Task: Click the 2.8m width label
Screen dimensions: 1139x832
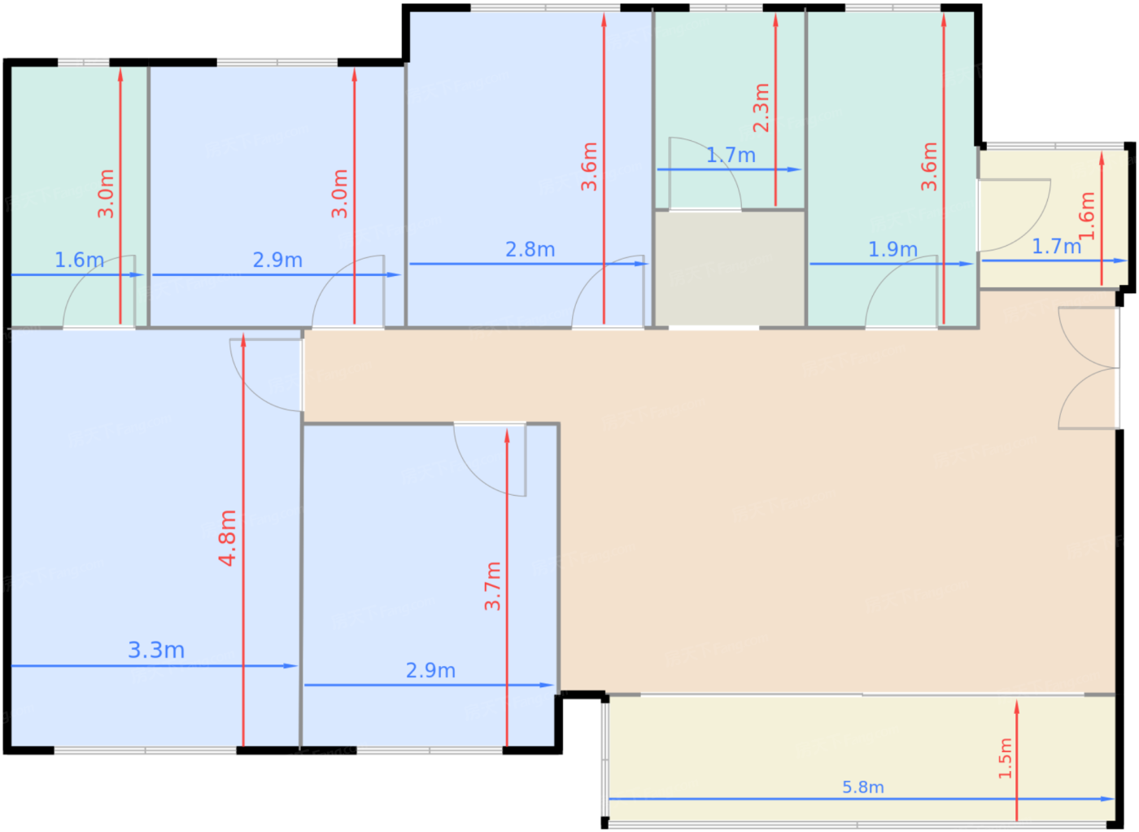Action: coord(530,249)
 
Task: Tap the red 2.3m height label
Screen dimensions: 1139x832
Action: coord(761,108)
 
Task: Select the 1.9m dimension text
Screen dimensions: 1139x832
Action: coord(892,249)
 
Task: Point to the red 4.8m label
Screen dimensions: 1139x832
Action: coord(227,538)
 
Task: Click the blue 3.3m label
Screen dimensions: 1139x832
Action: coord(156,650)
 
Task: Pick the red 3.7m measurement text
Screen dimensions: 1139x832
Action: coord(492,585)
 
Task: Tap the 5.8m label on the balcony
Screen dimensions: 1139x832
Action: coord(863,787)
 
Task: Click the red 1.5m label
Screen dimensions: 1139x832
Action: coord(1005,758)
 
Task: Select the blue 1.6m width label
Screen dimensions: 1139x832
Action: coord(80,260)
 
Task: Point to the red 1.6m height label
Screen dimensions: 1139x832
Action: coord(1087,216)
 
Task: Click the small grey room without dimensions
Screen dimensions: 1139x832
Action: coord(730,269)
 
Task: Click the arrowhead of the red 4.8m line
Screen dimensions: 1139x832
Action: coord(243,340)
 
